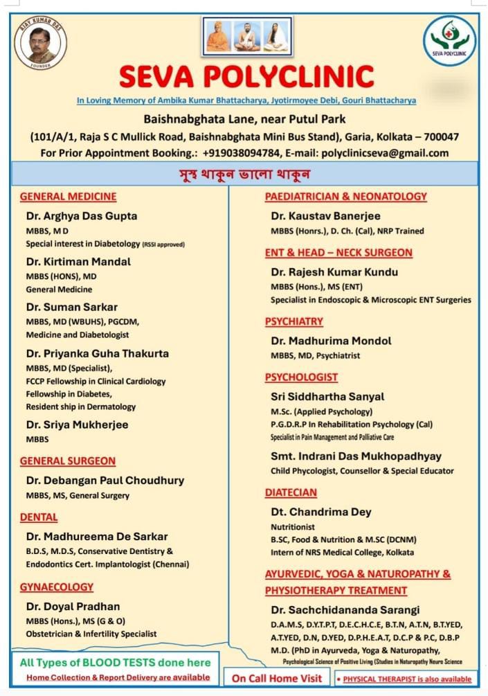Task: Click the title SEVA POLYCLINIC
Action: click(246, 76)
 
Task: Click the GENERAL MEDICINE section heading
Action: click(68, 196)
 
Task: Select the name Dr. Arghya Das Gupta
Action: click(82, 215)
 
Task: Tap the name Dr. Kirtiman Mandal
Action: click(78, 261)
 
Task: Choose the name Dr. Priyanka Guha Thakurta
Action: click(98, 353)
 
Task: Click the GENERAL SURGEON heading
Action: click(68, 461)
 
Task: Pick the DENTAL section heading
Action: click(39, 517)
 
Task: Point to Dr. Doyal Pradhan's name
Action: click(73, 606)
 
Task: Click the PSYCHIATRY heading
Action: click(294, 321)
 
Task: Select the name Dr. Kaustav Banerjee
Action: click(326, 216)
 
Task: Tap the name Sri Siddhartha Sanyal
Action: click(327, 396)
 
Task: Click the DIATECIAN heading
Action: click(291, 492)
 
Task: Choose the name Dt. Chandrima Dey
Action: click(321, 512)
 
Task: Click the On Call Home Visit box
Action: click(277, 678)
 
